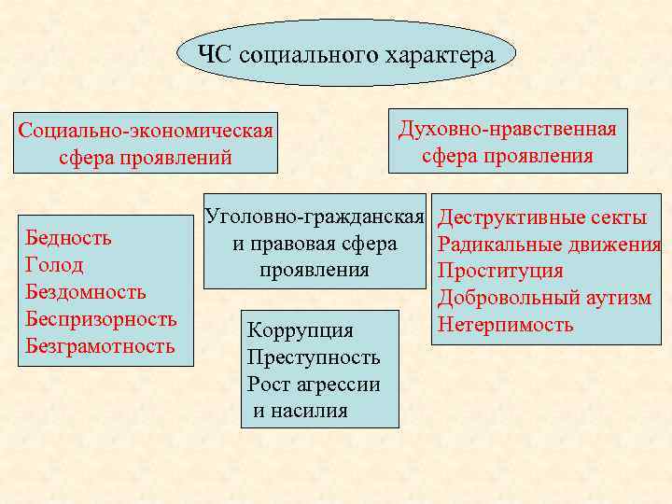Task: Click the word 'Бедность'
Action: click(69, 237)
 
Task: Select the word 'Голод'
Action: click(55, 265)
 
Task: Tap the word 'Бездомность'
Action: click(86, 292)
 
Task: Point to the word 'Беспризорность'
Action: click(101, 319)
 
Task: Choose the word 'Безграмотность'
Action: click(100, 346)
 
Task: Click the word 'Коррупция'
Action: click(300, 329)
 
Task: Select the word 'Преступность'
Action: click(314, 357)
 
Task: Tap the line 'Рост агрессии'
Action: click(314, 384)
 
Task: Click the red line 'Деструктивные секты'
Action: click(542, 218)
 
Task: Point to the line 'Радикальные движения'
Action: click(549, 245)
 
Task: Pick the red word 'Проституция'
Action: click(500, 272)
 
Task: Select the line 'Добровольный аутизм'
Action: click(544, 299)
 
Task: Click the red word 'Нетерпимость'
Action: click(506, 325)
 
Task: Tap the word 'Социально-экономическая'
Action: click(146, 130)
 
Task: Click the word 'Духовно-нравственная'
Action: click(507, 129)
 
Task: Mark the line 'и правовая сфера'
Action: click(315, 245)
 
